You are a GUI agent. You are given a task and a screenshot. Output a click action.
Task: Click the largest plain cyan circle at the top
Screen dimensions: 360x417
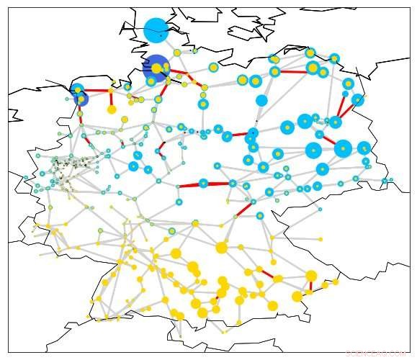click(x=156, y=30)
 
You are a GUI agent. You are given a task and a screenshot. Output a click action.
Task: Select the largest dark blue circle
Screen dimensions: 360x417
click(x=156, y=68)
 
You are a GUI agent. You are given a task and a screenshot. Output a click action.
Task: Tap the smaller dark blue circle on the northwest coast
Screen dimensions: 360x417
click(x=81, y=99)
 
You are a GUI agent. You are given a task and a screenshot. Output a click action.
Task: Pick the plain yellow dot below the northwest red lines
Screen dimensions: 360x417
click(x=112, y=109)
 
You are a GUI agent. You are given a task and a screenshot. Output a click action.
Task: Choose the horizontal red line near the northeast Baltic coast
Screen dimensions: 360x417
click(x=294, y=71)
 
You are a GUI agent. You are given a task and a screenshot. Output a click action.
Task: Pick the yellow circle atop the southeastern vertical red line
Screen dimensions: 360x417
click(x=311, y=275)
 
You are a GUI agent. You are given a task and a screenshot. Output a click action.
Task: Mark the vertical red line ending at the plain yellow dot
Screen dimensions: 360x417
click(x=111, y=100)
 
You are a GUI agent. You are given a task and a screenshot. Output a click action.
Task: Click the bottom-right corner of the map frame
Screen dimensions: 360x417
click(x=408, y=351)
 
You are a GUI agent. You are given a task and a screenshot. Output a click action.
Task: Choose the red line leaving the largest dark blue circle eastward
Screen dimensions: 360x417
click(x=176, y=73)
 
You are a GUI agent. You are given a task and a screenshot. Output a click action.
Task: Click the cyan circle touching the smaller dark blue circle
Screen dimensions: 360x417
click(x=78, y=90)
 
